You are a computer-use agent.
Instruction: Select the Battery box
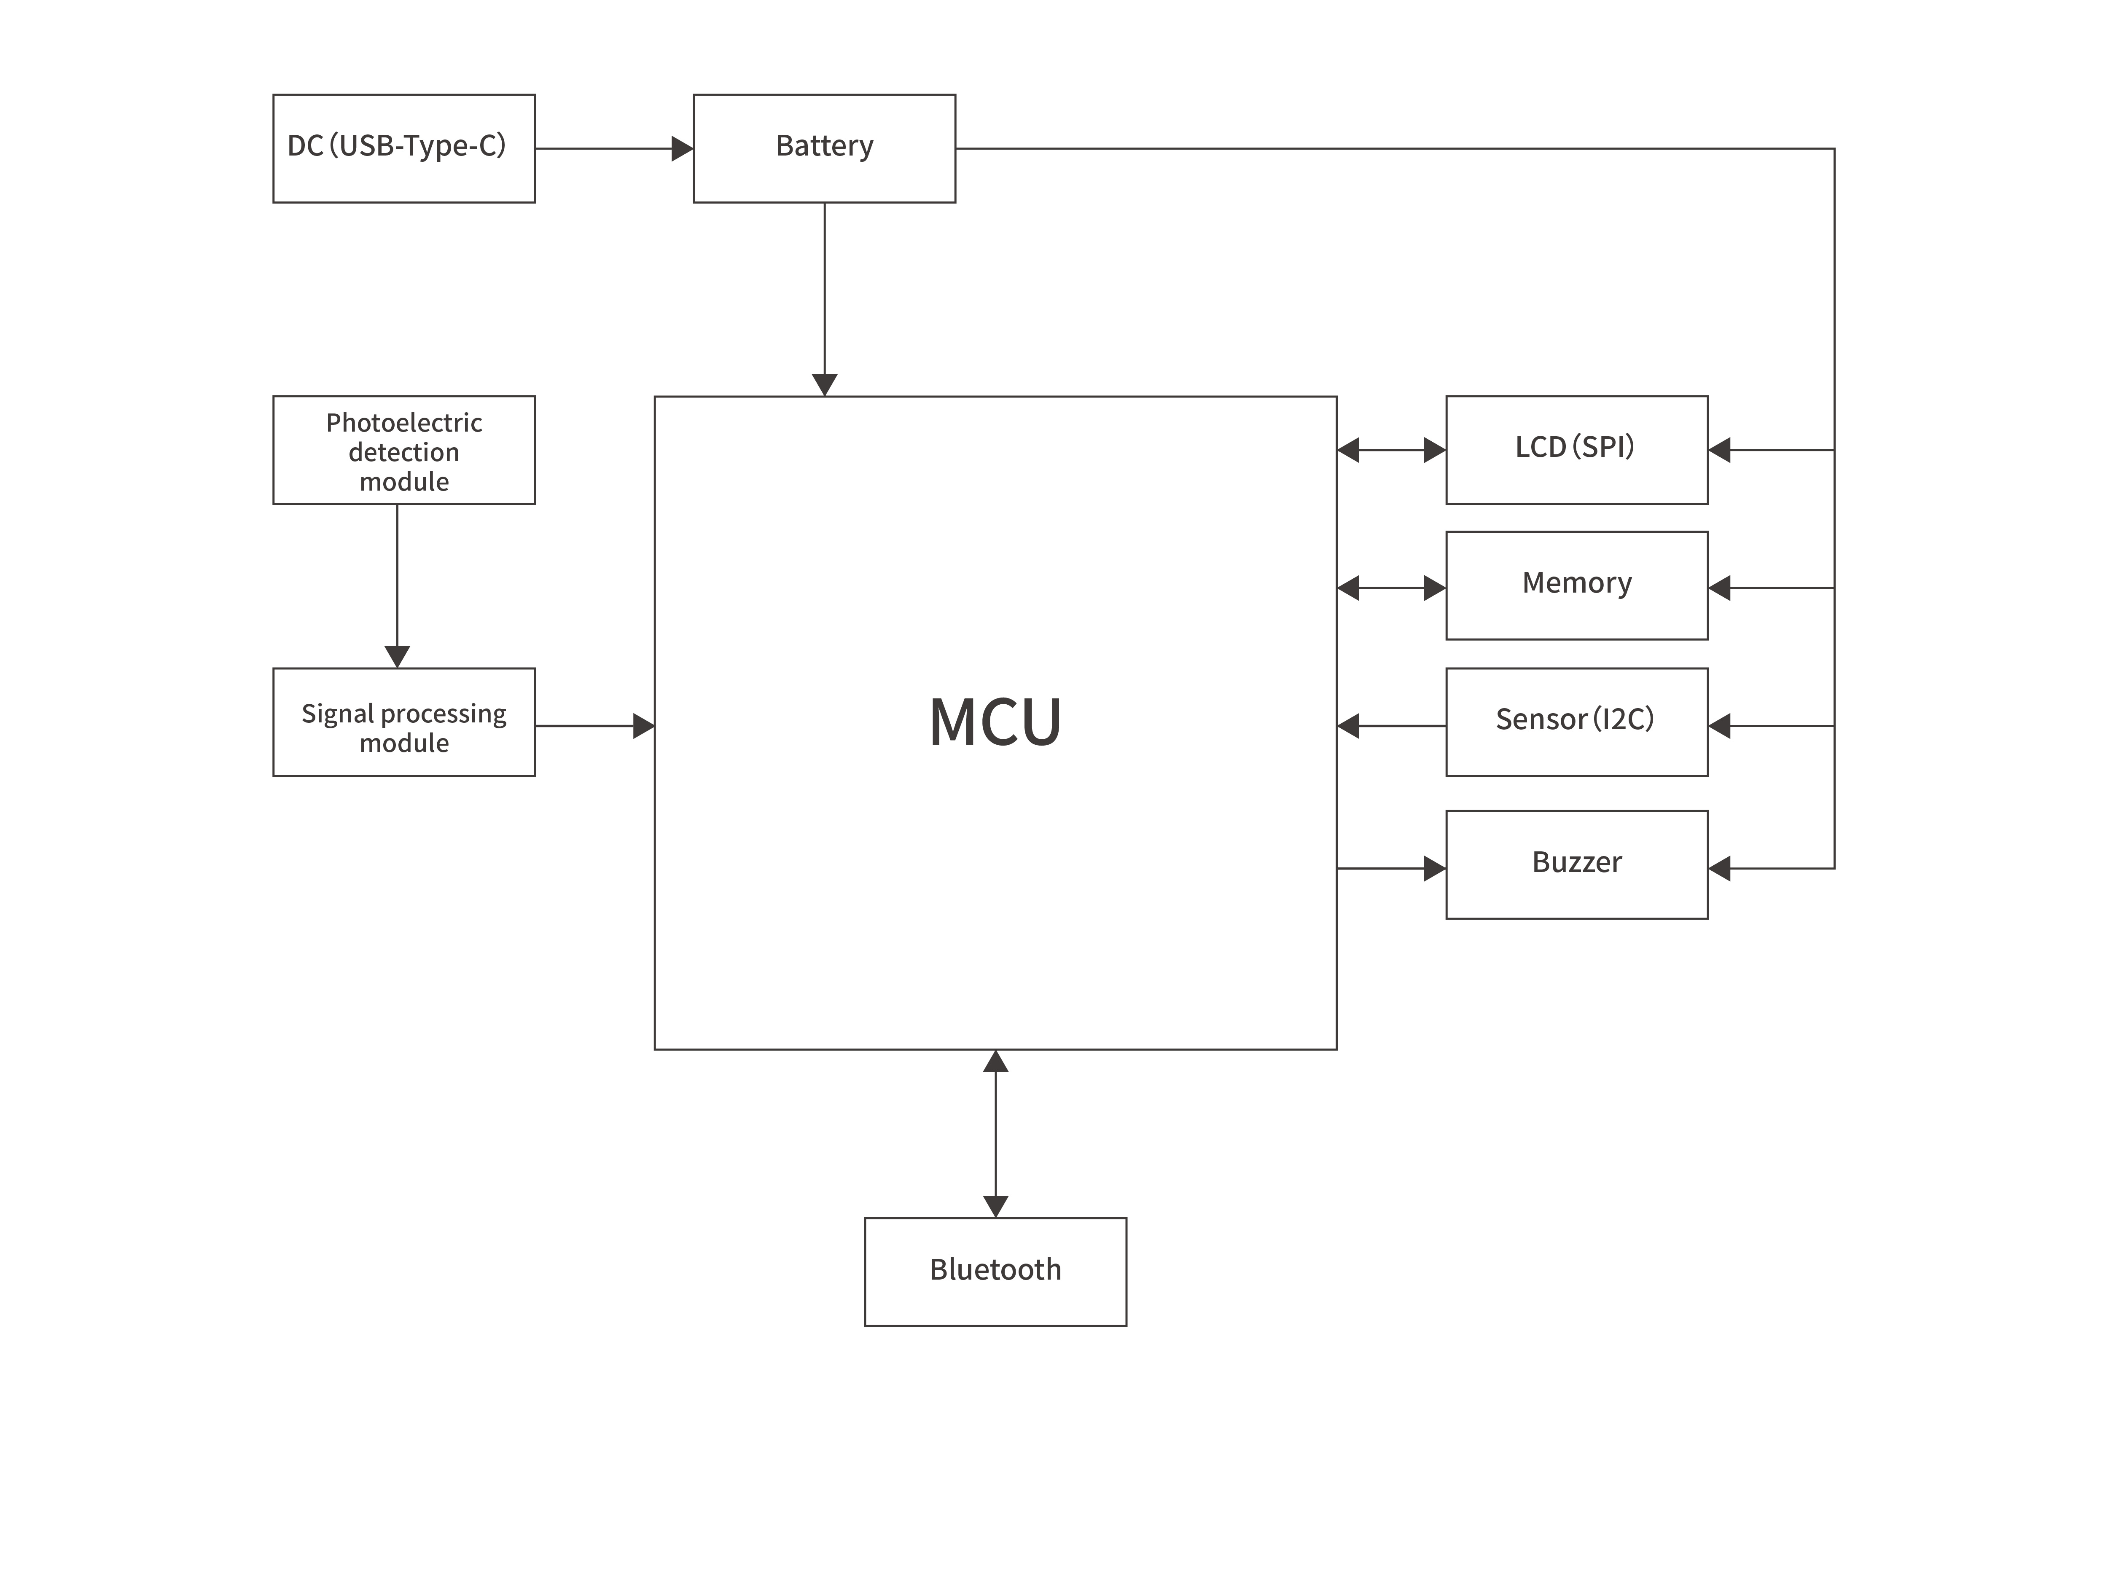(824, 148)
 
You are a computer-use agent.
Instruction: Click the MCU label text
(995, 722)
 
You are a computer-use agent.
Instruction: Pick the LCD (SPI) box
(1576, 450)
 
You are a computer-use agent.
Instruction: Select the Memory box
(1576, 585)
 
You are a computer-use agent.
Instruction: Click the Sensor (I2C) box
(1576, 722)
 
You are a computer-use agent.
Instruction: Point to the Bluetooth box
(995, 1272)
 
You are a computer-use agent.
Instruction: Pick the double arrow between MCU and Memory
(1391, 588)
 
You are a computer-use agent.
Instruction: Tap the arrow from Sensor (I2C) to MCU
(1391, 726)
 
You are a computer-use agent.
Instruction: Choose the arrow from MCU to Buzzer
(1391, 869)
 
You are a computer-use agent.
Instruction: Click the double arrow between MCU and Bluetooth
(995, 1134)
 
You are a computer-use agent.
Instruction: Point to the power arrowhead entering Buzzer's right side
(1719, 869)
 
